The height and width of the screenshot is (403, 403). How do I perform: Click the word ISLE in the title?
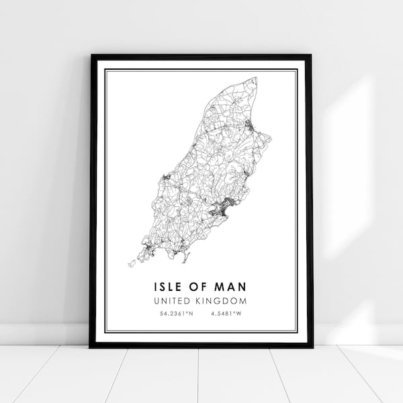coord(166,287)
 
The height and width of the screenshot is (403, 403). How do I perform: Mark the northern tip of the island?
coord(255,80)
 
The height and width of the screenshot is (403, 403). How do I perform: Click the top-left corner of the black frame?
coord(91,55)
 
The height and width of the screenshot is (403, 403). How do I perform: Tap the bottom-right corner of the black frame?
coord(312,347)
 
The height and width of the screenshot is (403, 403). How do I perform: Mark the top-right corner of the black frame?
coord(312,55)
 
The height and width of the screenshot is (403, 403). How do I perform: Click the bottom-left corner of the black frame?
coord(91,347)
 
